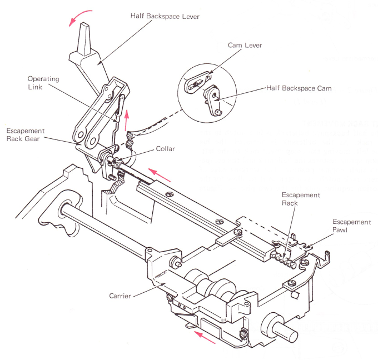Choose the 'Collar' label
click(x=165, y=149)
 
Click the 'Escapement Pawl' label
click(x=351, y=226)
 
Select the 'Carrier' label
click(x=120, y=296)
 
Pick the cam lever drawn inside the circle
click(x=196, y=84)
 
